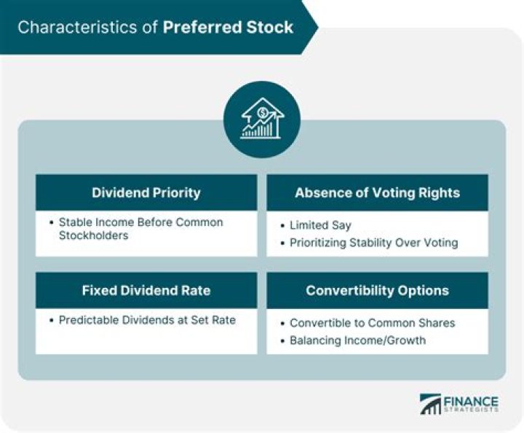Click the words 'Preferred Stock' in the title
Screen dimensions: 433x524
pos(228,28)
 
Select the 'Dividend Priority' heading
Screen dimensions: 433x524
pos(146,193)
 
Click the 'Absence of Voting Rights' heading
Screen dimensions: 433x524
pos(377,193)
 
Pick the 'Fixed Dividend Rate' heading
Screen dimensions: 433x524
pos(146,290)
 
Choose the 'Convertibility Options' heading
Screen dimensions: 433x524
pos(377,290)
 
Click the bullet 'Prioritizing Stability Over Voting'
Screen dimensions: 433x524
pos(373,243)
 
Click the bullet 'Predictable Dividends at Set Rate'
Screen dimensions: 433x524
pos(147,320)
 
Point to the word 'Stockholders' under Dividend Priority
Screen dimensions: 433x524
pos(92,236)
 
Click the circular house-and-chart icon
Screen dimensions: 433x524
pos(261,120)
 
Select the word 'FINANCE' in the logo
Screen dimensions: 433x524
pos(472,401)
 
